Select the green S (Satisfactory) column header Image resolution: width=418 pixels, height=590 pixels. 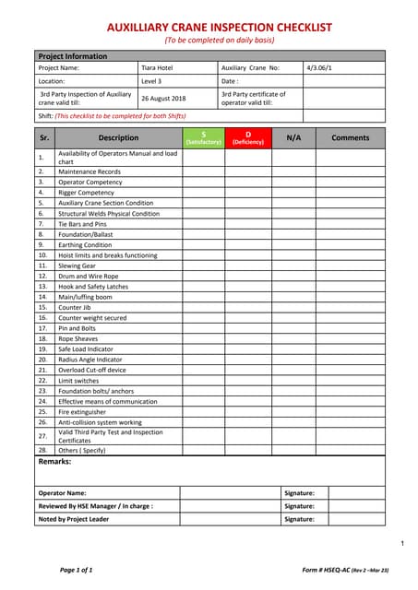tap(203, 138)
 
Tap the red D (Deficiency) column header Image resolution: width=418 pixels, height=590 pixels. tap(247, 138)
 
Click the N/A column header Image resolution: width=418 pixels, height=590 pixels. tap(293, 138)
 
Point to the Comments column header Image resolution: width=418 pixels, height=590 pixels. tap(350, 138)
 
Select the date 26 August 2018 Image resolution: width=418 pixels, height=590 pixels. tap(162, 98)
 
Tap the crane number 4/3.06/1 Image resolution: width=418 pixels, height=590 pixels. tap(318, 67)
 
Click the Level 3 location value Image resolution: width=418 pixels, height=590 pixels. tap(150, 81)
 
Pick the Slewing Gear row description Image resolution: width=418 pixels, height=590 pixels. tap(78, 265)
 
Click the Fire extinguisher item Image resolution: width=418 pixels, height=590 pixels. tap(82, 411)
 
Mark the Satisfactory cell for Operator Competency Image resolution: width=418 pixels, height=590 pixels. tap(203, 183)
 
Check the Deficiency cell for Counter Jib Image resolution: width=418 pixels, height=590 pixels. tap(247, 307)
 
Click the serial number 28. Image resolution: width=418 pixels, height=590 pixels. tap(42, 450)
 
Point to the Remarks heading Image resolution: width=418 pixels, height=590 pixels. tap(54, 461)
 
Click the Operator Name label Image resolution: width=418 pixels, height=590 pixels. tap(63, 493)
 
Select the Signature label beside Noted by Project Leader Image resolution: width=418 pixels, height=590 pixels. tap(299, 519)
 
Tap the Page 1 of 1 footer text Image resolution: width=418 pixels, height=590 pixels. tap(77, 570)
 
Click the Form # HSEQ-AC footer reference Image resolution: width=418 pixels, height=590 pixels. tap(322, 570)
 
